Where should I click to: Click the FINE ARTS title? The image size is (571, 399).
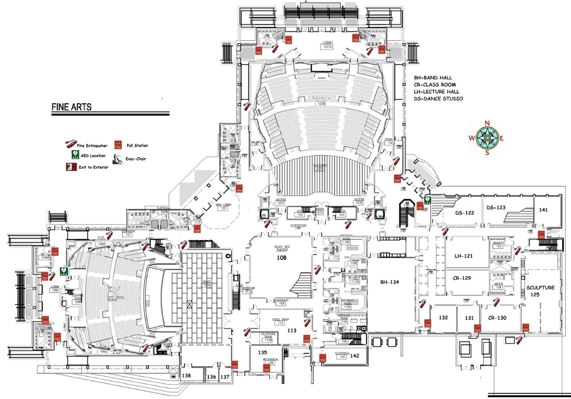tap(71, 107)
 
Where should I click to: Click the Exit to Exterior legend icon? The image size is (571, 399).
tap(71, 167)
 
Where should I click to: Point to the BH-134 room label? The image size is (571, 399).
tap(389, 282)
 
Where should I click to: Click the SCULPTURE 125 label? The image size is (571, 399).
tap(540, 291)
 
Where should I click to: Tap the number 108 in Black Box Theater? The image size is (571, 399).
tap(281, 257)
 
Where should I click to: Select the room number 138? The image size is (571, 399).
tap(187, 376)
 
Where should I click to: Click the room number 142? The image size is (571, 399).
tap(354, 355)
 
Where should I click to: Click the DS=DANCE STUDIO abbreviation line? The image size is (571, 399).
tap(438, 99)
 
